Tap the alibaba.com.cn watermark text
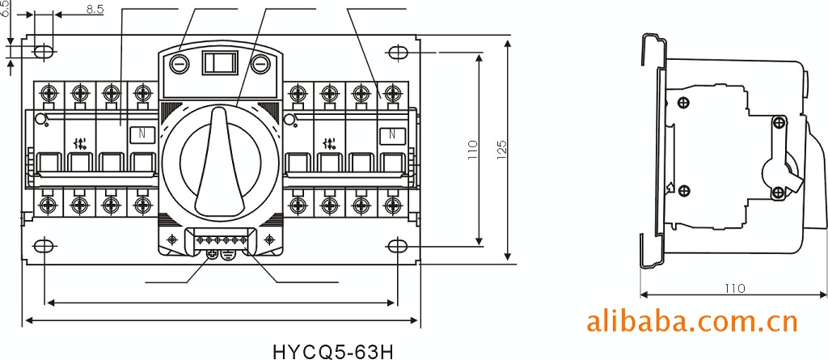click(691, 323)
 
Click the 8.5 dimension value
click(94, 11)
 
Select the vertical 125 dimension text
click(501, 149)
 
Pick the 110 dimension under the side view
click(733, 288)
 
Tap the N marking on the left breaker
click(142, 133)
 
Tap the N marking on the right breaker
click(392, 133)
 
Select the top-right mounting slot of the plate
click(399, 53)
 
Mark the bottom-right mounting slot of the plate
click(399, 245)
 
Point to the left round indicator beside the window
click(180, 64)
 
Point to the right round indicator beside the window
click(259, 64)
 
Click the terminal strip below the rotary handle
click(218, 241)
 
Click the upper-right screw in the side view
click(778, 123)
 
